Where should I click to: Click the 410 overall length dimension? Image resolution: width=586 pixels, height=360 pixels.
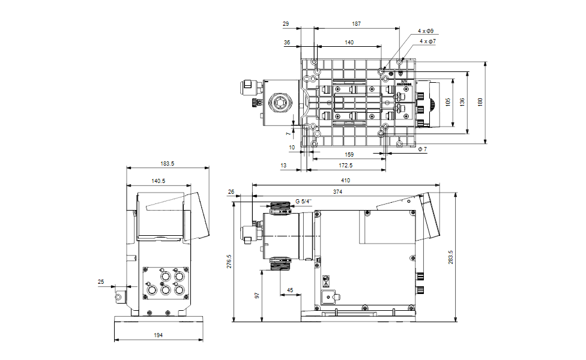click(345, 180)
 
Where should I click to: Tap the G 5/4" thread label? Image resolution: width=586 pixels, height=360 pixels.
click(304, 201)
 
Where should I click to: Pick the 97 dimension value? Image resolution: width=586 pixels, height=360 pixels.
click(258, 296)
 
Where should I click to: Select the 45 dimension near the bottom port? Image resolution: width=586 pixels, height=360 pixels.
click(291, 290)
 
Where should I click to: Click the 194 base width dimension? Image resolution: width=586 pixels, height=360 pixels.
click(158, 335)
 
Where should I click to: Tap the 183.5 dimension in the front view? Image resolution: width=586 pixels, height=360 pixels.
click(168, 163)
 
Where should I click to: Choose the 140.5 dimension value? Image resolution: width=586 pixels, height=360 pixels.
click(159, 180)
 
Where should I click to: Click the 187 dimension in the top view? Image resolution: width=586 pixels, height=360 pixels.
click(357, 24)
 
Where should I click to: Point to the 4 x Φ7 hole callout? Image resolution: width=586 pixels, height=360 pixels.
click(427, 41)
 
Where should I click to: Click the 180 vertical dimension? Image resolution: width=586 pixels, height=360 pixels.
click(479, 103)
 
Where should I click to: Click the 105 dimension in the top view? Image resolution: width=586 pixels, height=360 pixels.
click(448, 103)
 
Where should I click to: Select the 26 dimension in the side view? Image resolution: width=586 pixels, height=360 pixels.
click(232, 192)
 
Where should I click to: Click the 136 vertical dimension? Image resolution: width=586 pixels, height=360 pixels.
click(461, 103)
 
